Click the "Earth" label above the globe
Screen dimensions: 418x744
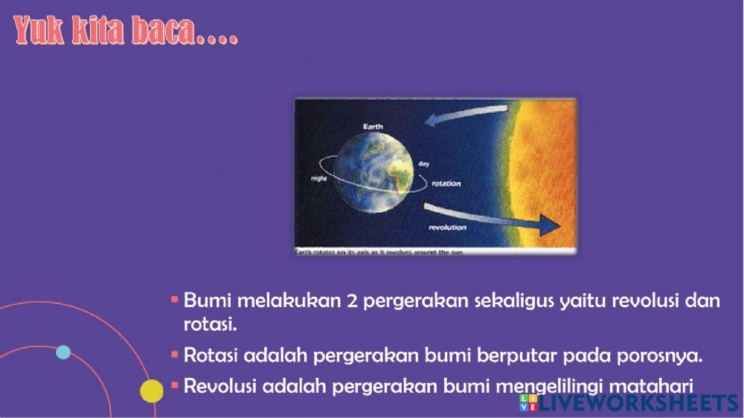pyautogui.click(x=373, y=127)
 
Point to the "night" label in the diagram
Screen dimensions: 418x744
pyautogui.click(x=320, y=179)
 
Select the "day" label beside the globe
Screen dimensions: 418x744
pyautogui.click(x=424, y=163)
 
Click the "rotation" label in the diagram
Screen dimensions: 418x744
pyautogui.click(x=446, y=183)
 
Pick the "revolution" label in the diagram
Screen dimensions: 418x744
pyautogui.click(x=447, y=227)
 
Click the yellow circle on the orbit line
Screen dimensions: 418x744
pyautogui.click(x=152, y=390)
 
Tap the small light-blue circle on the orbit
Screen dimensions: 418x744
pyautogui.click(x=63, y=352)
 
